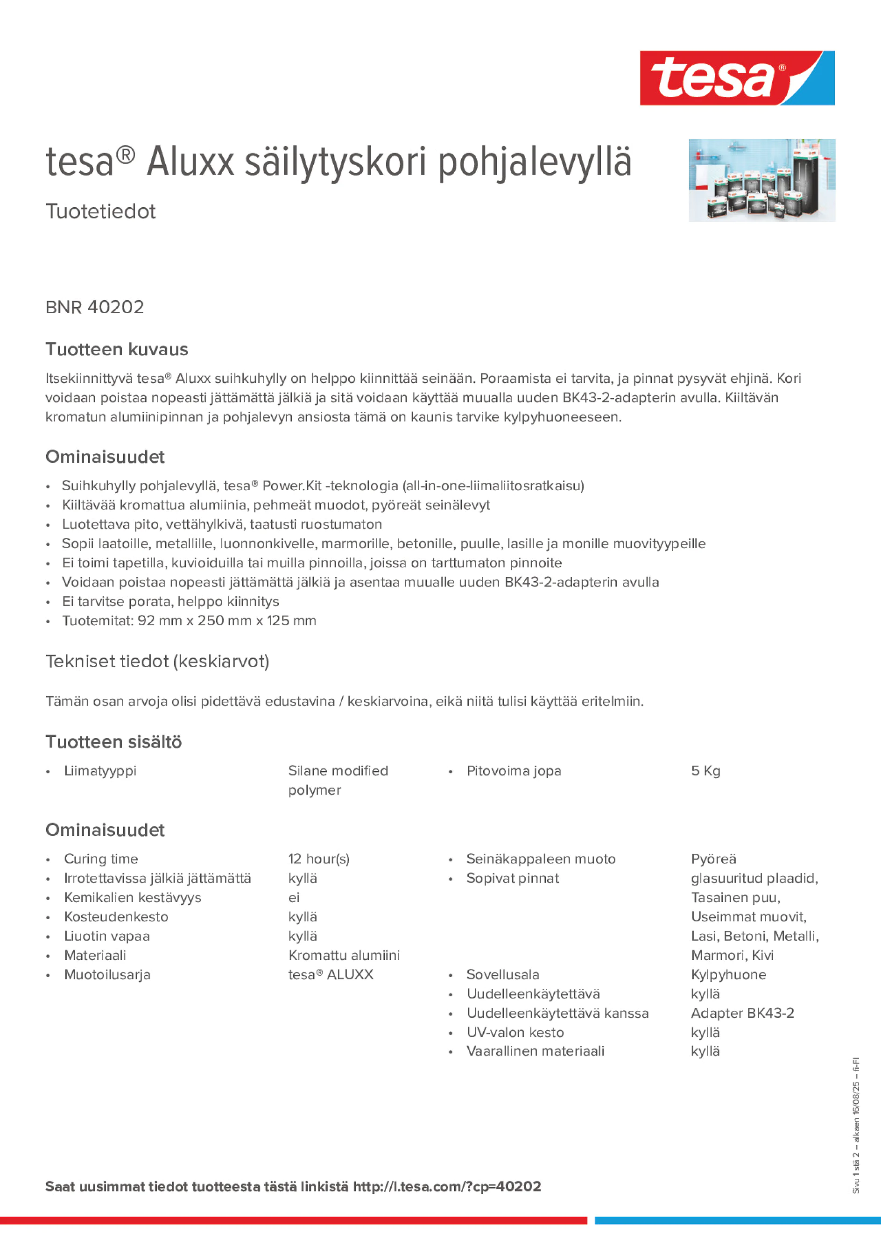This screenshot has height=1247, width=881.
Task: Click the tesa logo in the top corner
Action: click(x=737, y=78)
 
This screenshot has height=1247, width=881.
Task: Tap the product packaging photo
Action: click(x=761, y=180)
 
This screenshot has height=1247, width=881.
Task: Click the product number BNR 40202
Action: click(x=95, y=307)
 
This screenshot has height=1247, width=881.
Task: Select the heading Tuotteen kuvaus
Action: click(x=117, y=349)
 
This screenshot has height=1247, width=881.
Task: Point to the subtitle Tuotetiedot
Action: click(x=100, y=211)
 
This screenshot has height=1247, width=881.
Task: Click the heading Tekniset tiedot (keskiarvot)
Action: click(x=157, y=662)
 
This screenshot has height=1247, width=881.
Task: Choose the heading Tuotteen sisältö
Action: click(x=113, y=742)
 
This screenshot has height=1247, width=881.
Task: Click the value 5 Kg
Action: click(x=705, y=771)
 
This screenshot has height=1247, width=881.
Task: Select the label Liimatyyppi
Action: click(x=100, y=771)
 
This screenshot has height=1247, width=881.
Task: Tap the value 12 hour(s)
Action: click(x=319, y=859)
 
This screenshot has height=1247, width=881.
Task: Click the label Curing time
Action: click(x=101, y=859)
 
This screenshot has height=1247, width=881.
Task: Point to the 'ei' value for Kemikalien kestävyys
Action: click(x=294, y=897)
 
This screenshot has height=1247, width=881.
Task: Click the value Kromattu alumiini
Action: click(x=344, y=955)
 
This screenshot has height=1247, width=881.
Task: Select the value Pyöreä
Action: click(x=714, y=859)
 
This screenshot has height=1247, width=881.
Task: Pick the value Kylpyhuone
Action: click(x=728, y=974)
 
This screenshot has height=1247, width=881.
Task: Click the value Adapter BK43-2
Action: click(x=742, y=1013)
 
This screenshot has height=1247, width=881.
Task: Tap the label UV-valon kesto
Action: click(x=515, y=1032)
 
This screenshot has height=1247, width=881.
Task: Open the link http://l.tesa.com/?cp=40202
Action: click(x=447, y=1186)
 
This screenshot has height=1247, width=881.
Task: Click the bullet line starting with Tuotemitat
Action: click(x=189, y=621)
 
